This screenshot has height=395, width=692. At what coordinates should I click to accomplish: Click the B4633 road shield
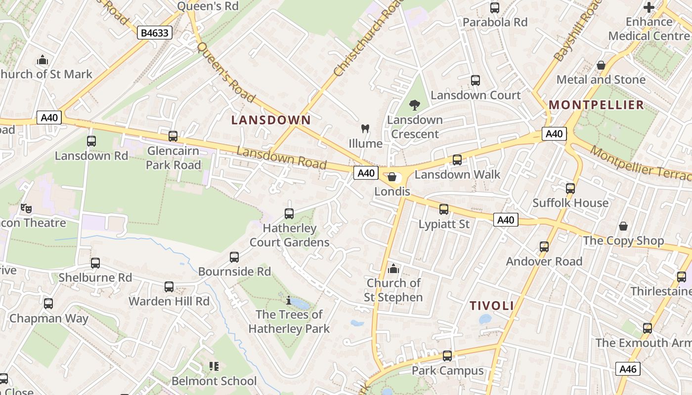(155, 33)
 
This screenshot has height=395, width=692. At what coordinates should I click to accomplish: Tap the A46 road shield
(628, 368)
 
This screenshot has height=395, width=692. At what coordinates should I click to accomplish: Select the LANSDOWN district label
(271, 120)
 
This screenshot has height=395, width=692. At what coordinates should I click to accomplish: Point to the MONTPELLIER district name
(597, 105)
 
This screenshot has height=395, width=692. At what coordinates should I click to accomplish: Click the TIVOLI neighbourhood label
(492, 306)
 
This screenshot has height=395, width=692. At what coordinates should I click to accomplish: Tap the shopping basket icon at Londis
(392, 177)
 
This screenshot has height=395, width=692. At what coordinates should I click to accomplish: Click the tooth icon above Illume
(365, 129)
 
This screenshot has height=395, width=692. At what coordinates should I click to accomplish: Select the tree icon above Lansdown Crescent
(414, 105)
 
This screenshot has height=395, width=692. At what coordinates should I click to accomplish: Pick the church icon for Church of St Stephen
(393, 269)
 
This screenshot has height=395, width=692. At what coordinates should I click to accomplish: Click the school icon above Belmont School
(214, 366)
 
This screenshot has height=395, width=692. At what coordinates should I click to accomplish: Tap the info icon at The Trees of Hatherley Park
(289, 300)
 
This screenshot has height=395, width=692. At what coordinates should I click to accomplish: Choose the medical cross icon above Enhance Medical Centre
(649, 7)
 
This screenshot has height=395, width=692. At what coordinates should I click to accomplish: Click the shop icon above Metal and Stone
(601, 65)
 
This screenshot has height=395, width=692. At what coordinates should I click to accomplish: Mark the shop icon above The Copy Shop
(623, 226)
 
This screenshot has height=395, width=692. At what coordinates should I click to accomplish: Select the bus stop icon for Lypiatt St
(444, 209)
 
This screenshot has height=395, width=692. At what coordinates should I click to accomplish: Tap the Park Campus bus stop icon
(447, 356)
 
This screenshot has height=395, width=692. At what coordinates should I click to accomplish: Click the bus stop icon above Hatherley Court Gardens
(289, 214)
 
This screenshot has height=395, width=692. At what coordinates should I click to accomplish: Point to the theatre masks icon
(26, 208)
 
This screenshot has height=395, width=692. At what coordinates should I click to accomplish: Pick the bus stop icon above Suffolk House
(570, 189)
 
